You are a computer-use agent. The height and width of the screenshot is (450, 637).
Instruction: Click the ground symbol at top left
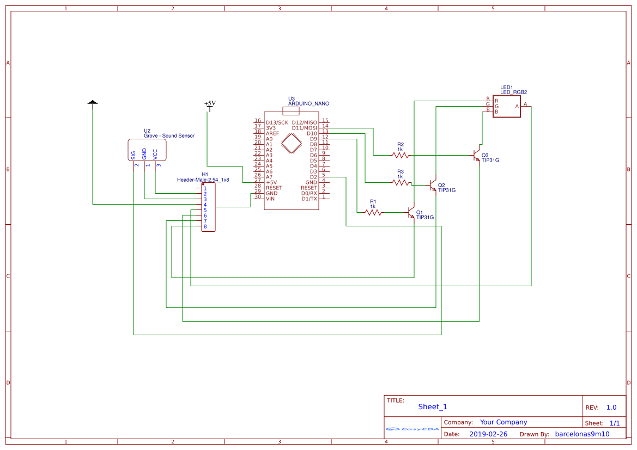click(93, 103)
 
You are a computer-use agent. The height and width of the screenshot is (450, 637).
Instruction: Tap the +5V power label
click(210, 103)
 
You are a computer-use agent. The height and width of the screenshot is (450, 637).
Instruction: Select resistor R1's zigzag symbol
click(373, 213)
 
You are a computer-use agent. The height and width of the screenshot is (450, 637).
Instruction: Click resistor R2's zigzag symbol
click(401, 156)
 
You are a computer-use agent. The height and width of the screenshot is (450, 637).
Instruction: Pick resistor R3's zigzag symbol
click(401, 183)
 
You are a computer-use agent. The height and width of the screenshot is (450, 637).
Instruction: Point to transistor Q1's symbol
click(412, 213)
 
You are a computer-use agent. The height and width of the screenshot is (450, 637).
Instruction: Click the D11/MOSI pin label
click(304, 128)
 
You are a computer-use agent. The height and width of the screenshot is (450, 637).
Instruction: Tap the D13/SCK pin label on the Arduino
click(277, 122)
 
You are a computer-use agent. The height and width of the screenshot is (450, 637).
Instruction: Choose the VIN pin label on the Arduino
click(270, 199)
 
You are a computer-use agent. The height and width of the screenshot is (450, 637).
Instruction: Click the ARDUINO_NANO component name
click(308, 103)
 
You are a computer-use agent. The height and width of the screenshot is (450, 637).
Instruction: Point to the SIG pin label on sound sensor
click(134, 155)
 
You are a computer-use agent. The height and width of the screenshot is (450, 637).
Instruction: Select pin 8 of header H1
click(205, 226)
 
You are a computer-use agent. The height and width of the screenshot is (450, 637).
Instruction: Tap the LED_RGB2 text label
click(513, 93)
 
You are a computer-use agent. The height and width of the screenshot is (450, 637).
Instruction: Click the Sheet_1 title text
click(433, 406)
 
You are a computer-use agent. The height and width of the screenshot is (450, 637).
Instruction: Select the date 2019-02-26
click(488, 434)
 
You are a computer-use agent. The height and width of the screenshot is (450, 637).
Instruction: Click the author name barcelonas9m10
click(582, 434)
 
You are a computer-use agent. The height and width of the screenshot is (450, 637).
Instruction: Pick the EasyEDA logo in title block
click(412, 429)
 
